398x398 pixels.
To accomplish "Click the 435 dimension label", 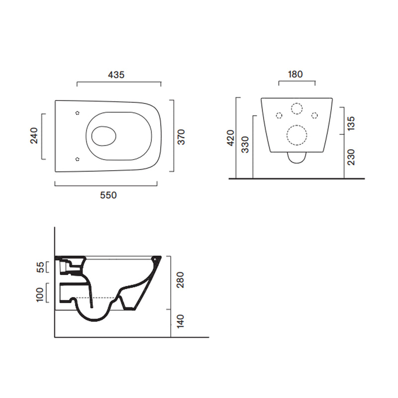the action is (116, 75).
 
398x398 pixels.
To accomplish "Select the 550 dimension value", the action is (108, 195).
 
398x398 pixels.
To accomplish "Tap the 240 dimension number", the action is (34, 136).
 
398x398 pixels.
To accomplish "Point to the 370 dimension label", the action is (181, 137).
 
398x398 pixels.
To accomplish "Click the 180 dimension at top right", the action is (296, 74).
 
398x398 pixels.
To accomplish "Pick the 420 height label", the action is (231, 138).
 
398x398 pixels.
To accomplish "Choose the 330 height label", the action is (245, 145).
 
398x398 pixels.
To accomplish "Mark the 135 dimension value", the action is (351, 123).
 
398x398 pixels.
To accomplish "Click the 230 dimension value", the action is (351, 157).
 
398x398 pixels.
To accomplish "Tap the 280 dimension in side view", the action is (180, 280).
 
